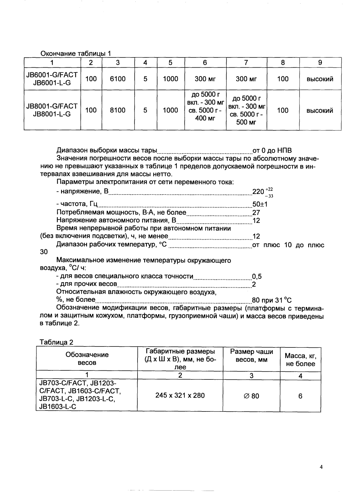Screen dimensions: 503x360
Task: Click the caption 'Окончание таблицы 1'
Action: [76, 53]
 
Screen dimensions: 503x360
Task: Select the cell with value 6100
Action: [118, 79]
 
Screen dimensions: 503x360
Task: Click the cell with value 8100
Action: [118, 110]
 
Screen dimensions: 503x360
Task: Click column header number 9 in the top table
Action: [320, 63]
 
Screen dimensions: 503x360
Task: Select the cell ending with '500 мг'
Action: [246, 110]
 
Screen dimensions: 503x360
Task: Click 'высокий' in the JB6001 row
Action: [320, 79]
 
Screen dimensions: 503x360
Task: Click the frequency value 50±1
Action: [260, 205]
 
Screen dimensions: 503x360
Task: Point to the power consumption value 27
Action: [256, 212]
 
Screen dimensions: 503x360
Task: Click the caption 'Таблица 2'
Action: [57, 342]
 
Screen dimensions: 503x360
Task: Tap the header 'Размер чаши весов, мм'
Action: [251, 356]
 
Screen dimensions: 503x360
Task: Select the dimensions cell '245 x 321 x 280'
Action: [180, 395]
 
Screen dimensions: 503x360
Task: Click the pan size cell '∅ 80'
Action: [251, 396]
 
